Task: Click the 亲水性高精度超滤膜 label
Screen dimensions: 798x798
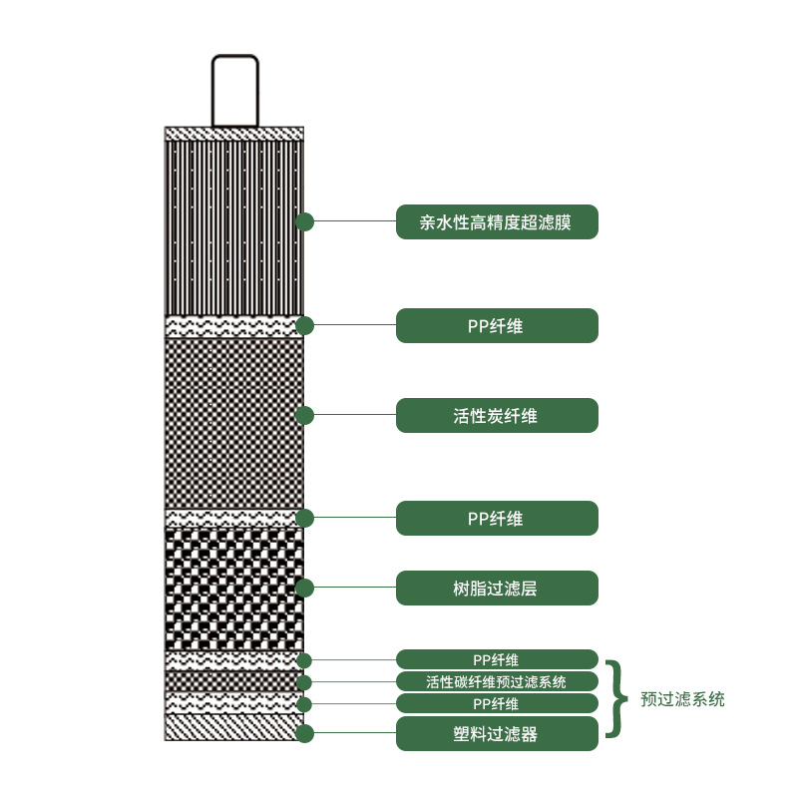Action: click(497, 221)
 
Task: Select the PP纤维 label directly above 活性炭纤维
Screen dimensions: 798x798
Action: click(497, 326)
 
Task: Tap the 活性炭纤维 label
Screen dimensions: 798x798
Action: click(497, 416)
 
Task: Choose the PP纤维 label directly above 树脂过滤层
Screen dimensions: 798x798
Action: click(497, 518)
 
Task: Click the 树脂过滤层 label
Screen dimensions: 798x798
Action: click(497, 588)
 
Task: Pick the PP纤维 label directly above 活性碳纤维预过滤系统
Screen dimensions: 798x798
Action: click(497, 659)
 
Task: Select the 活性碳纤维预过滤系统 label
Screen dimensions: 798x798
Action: click(497, 681)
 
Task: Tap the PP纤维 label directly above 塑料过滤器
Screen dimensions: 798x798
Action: click(497, 703)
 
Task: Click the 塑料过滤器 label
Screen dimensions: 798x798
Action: click(497, 733)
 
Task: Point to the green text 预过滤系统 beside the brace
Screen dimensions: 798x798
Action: click(682, 699)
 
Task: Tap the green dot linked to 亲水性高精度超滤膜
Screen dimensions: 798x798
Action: click(304, 221)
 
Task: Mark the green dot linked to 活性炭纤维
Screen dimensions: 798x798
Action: click(304, 416)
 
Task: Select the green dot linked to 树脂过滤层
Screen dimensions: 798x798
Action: click(304, 588)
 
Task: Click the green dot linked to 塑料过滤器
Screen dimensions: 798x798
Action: click(304, 733)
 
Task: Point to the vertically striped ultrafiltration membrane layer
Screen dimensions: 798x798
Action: click(234, 228)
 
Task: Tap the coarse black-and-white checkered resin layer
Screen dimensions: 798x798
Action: click(234, 590)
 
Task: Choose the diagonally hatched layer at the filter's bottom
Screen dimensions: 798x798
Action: click(234, 727)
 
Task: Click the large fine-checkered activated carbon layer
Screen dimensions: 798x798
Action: click(234, 423)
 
